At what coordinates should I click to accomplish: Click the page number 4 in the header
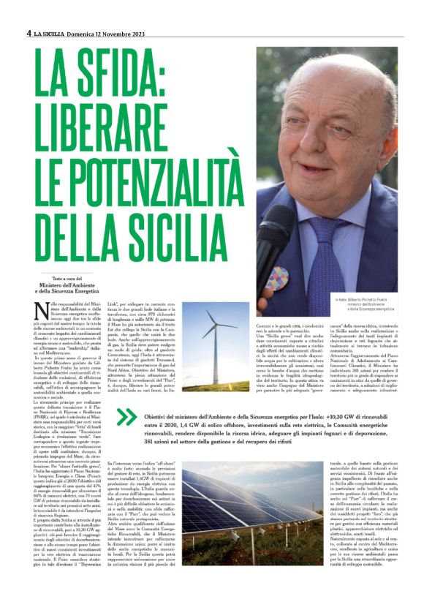(x=29, y=33)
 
